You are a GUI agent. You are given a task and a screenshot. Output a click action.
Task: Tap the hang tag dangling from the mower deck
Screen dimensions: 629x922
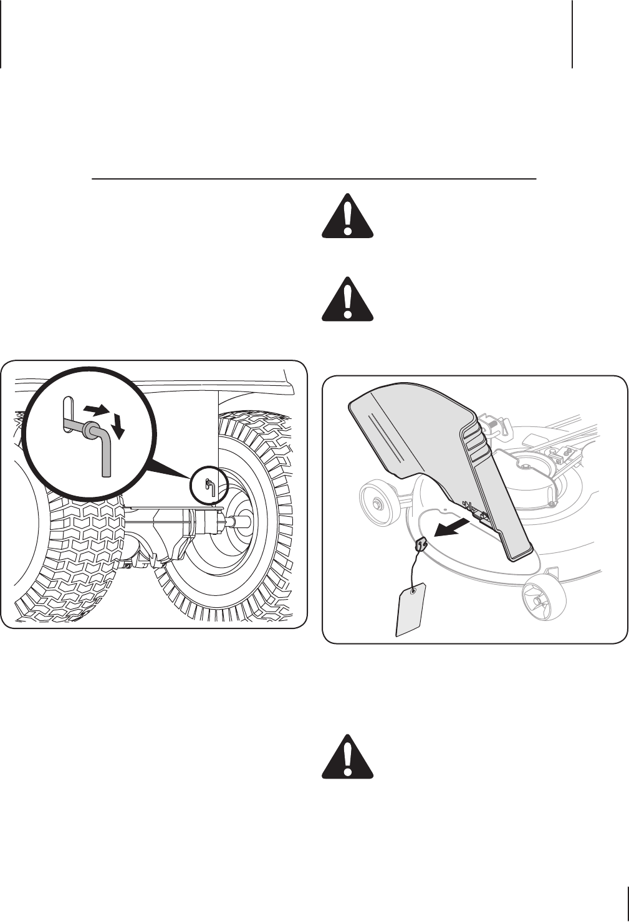click(411, 609)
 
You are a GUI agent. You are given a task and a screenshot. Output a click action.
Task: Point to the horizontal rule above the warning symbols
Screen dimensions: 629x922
click(314, 179)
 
